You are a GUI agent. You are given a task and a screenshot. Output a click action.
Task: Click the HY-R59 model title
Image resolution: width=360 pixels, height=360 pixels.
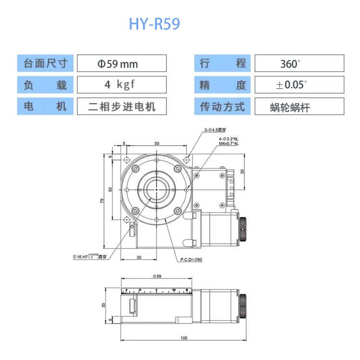click(x=154, y=24)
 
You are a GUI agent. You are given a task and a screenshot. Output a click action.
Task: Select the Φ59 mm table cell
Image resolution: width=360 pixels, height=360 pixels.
click(x=121, y=63)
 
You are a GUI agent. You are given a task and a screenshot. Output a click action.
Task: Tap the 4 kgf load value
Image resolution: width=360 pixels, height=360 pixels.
click(x=121, y=85)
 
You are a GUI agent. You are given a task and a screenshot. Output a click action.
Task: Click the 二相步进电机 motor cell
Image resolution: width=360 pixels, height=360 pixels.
click(x=121, y=106)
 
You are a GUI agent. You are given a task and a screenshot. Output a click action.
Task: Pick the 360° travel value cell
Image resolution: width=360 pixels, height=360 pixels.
click(x=299, y=63)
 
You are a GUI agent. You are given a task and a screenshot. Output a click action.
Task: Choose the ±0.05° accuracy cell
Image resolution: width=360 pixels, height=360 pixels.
click(x=299, y=85)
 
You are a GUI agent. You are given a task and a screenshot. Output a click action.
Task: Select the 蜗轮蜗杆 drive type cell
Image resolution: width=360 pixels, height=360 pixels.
click(x=299, y=107)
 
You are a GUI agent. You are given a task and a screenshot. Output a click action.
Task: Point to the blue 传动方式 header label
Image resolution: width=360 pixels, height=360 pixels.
click(x=222, y=107)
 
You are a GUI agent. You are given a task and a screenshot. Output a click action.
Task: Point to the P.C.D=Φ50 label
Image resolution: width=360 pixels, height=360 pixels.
click(x=192, y=260)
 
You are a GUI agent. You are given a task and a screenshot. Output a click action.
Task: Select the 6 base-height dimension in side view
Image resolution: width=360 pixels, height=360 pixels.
click(x=110, y=319)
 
